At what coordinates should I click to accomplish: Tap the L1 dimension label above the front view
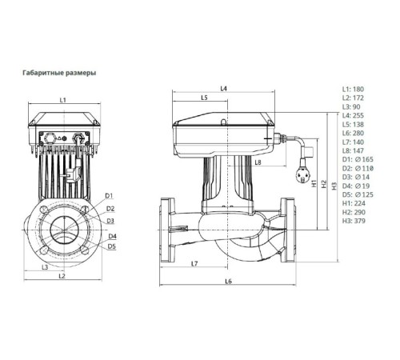[x=62, y=99]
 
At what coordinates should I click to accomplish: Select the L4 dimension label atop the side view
[x=224, y=87]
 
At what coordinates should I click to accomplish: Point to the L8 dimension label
[x=258, y=162]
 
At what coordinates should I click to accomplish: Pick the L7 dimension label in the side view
[x=194, y=264]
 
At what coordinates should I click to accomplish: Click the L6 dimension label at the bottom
[x=228, y=282]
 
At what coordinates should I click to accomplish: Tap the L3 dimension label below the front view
[x=46, y=266]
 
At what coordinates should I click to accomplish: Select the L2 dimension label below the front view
[x=62, y=277]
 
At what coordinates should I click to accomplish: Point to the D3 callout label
[x=110, y=220]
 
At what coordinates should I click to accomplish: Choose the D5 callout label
[x=112, y=246]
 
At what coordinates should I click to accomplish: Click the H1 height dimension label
[x=314, y=182]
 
